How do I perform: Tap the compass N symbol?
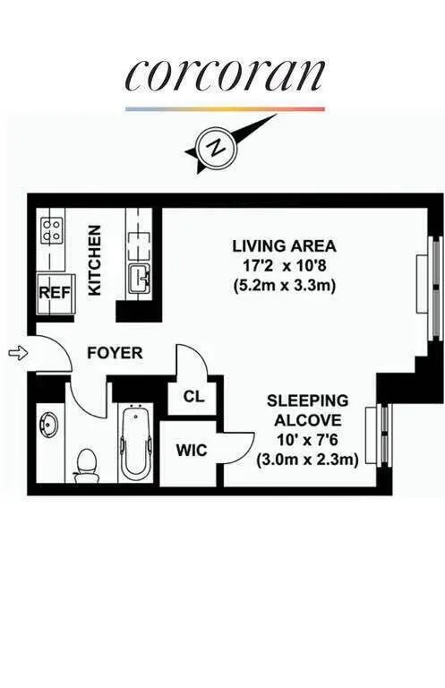coord(214,148)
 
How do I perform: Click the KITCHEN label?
coord(95,260)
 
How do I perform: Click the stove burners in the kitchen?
coord(51,230)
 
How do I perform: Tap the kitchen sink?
coord(140,278)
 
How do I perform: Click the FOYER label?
coord(114,353)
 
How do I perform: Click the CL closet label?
coord(193,397)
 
